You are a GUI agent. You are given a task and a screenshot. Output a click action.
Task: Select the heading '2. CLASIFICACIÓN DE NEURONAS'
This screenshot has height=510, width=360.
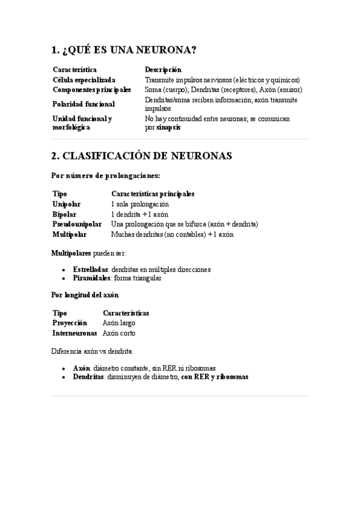coord(142,156)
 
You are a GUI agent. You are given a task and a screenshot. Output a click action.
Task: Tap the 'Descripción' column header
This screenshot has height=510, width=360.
coord(163,70)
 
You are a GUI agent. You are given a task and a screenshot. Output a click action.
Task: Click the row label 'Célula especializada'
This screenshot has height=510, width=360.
coord(84,79)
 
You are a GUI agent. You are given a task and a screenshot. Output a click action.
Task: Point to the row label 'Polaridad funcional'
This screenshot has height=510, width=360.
coord(84,104)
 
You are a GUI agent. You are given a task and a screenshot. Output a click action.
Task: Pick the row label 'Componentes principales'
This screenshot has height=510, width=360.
coord(91,90)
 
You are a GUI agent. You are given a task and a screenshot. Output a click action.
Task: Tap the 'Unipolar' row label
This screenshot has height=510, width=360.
coord(66,204)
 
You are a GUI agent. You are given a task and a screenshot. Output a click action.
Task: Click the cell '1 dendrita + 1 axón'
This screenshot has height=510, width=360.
coord(139,214)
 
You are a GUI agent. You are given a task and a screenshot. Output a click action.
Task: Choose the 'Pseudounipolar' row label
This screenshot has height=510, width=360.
coord(77,224)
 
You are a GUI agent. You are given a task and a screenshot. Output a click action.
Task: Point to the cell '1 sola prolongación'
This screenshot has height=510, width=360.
coord(139,204)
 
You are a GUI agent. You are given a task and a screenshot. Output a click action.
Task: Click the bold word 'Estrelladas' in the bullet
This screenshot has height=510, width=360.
coord(90,269)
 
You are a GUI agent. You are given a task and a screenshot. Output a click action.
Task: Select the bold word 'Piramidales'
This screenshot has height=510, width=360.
coord(91,278)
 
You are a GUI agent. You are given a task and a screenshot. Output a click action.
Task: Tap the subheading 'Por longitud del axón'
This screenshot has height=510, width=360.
coord(86,295)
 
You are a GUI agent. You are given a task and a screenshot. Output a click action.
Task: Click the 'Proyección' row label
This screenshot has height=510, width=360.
coord(70,323)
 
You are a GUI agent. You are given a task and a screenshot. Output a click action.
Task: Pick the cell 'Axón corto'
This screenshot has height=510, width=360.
coord(119,333)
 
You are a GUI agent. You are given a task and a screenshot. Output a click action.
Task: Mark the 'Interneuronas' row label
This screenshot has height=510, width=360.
coord(75,333)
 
